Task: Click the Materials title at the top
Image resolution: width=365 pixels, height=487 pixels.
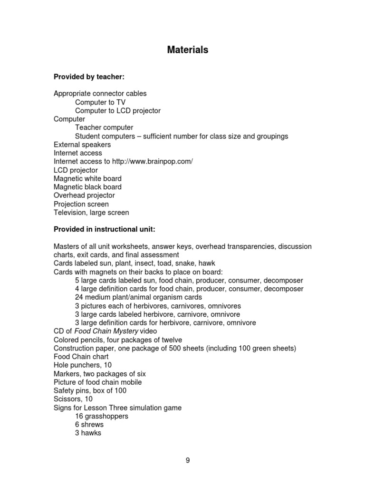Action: tap(187, 50)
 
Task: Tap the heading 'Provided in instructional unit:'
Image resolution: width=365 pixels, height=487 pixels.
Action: tap(104, 229)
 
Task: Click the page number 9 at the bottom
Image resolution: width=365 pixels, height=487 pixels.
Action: tap(188, 460)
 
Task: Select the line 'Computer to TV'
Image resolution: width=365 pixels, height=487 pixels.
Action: tap(100, 102)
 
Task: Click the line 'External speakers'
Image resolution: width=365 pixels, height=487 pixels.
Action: tap(82, 145)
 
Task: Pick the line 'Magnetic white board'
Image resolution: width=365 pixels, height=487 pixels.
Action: tap(87, 179)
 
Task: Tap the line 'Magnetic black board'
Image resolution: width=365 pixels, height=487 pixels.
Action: tap(87, 187)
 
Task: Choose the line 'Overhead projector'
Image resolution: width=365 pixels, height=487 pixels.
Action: tap(84, 195)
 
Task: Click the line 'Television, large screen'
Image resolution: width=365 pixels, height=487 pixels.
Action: tap(91, 213)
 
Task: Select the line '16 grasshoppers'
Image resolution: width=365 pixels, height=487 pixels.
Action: tap(101, 416)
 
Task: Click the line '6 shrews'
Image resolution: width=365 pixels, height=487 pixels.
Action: tap(89, 425)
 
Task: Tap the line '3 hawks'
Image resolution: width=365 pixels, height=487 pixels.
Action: tap(88, 433)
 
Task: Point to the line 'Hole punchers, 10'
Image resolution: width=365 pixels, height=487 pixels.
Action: tap(83, 365)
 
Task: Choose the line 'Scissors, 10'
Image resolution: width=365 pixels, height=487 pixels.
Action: tap(73, 399)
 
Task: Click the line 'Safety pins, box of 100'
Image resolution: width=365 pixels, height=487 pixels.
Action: tap(90, 390)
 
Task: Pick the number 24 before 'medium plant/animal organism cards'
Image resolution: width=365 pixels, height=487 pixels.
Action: tap(79, 297)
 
